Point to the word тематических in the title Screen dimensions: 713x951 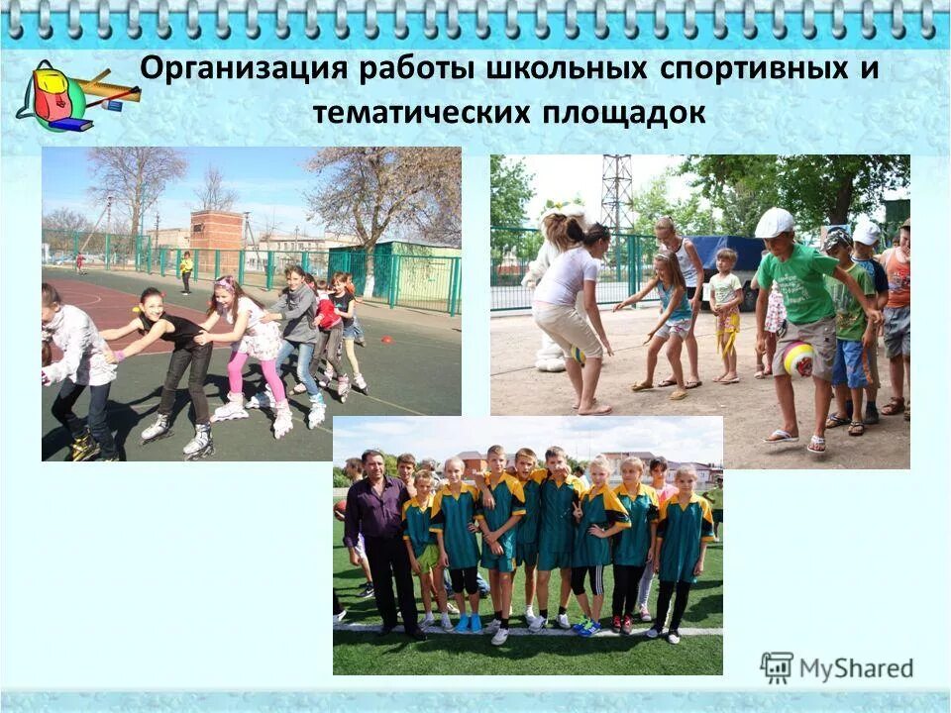[x=419, y=113]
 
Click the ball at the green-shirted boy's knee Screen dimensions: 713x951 [x=799, y=358]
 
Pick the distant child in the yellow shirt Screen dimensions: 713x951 [x=186, y=269]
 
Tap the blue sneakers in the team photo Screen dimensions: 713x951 [x=470, y=622]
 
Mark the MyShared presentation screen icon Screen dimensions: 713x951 [x=777, y=667]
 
